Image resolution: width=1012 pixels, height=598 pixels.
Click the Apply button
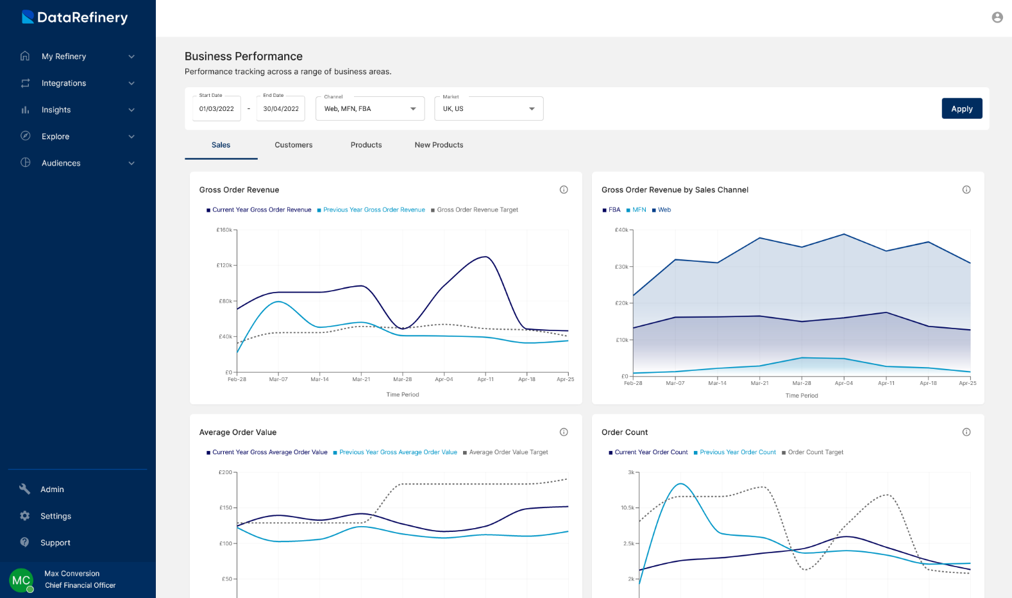point(961,108)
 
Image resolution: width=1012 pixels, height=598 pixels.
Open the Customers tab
point(294,145)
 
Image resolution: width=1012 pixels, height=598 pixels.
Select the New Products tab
point(439,145)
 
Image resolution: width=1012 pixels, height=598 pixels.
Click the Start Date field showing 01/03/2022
point(217,108)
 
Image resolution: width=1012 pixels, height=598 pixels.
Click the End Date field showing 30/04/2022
point(281,108)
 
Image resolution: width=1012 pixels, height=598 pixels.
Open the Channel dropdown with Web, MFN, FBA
point(370,108)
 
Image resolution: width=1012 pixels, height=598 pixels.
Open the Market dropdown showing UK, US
point(489,108)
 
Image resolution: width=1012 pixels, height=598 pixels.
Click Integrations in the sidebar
point(63,83)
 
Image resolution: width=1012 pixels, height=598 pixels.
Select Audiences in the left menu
point(61,163)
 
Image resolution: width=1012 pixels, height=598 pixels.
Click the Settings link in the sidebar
point(55,516)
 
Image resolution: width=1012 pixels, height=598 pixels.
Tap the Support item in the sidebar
point(55,543)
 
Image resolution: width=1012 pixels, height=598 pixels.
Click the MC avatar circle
point(21,580)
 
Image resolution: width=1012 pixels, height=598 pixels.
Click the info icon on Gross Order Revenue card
point(564,189)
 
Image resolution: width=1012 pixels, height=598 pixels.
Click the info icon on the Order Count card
point(966,432)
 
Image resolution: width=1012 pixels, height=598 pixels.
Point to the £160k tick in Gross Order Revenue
point(224,230)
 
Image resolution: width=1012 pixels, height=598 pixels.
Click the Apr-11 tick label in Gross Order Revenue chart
point(485,379)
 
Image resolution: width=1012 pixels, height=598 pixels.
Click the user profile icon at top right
point(997,17)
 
